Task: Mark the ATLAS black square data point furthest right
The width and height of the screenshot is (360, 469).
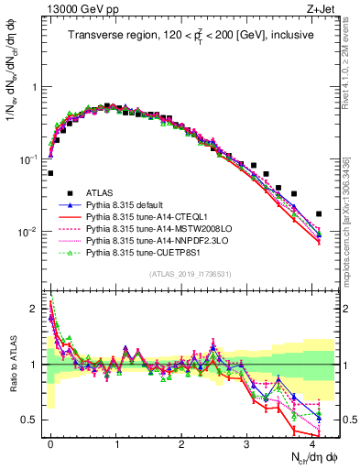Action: (x=319, y=213)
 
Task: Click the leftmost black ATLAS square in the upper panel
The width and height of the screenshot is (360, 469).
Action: (x=50, y=172)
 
